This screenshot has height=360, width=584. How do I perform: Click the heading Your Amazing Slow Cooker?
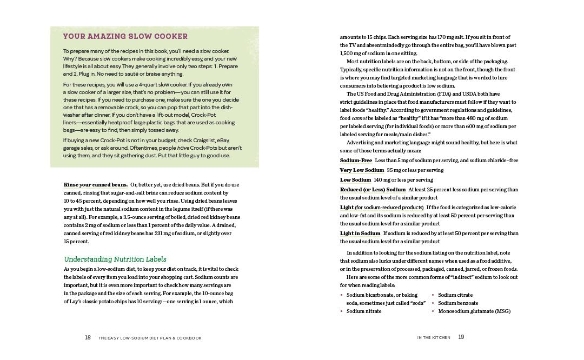coord(125,37)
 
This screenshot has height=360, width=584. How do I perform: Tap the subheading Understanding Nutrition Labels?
coord(115,259)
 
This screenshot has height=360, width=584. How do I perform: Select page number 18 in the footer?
coord(88,338)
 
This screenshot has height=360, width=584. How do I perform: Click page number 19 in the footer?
coord(461,337)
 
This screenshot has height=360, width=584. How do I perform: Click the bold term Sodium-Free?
coord(356,161)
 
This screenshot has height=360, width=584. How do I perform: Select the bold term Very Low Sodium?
coord(362,170)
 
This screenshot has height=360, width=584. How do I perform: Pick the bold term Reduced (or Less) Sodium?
coord(373,190)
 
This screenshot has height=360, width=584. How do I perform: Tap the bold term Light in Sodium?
coord(360,234)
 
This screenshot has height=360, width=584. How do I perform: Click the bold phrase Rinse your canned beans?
coord(96,185)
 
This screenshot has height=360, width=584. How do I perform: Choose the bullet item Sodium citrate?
coord(455,295)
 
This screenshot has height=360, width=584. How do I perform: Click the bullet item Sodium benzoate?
coord(458,303)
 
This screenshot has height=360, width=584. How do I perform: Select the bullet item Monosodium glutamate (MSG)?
coord(474,311)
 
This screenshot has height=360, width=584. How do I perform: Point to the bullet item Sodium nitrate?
coord(364,311)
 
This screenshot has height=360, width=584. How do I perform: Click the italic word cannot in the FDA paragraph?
coord(359,118)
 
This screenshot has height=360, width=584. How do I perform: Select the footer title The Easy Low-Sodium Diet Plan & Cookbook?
coord(150,338)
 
